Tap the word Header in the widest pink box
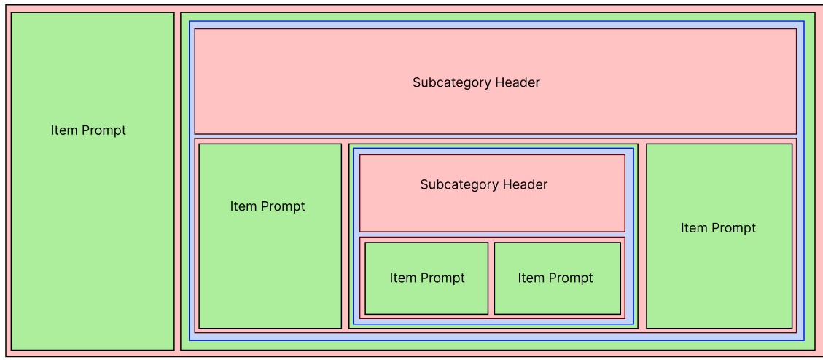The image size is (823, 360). point(518,82)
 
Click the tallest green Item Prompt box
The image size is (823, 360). point(93,219)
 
